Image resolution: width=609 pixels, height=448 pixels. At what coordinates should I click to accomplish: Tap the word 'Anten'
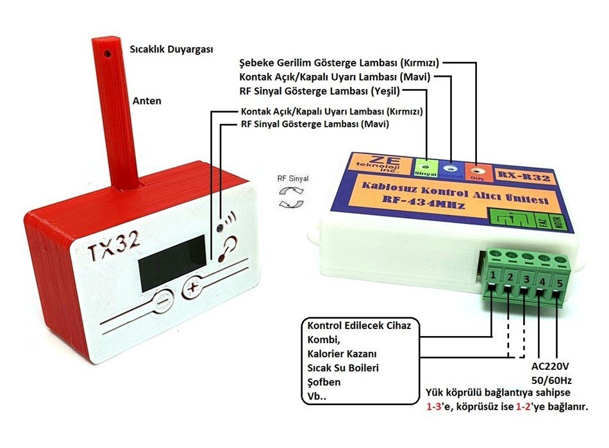tap(147, 101)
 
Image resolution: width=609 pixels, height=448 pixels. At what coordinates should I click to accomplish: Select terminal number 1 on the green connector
tap(492, 275)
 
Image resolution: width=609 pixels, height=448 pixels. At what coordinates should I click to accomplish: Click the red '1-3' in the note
tap(437, 407)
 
